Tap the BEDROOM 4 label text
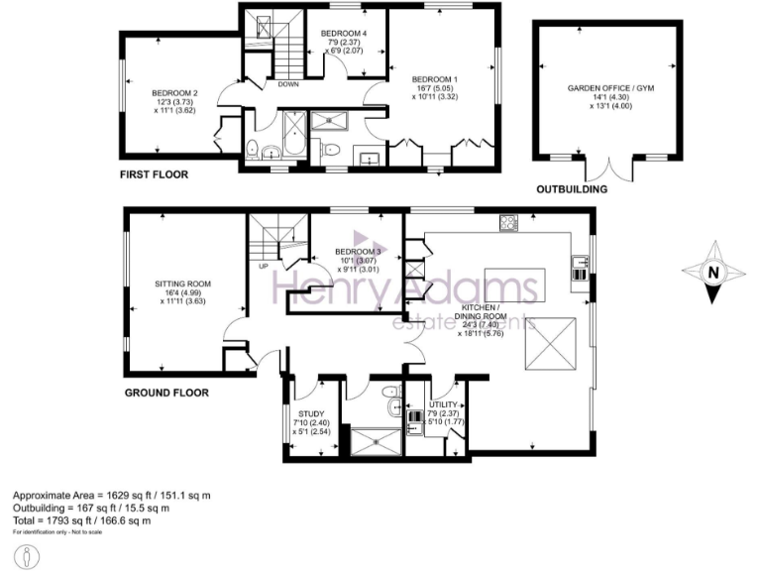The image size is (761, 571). point(343,34)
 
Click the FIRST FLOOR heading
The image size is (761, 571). point(154,174)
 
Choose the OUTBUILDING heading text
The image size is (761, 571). point(572,188)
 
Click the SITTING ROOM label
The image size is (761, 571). point(182,284)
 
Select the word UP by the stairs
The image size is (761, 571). point(263,266)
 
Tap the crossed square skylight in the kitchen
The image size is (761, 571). point(556,339)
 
